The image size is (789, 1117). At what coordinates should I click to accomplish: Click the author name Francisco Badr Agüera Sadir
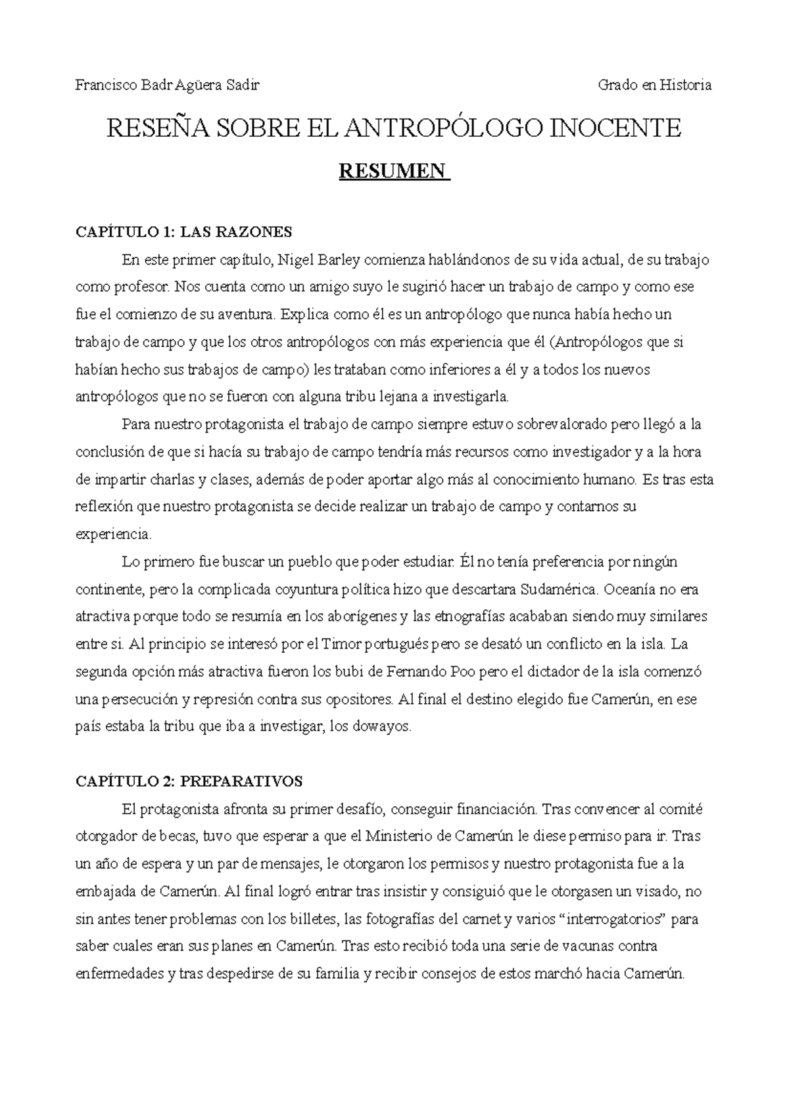click(x=168, y=85)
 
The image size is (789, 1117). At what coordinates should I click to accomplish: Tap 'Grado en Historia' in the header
click(x=654, y=85)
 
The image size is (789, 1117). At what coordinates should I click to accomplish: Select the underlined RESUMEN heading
click(x=393, y=172)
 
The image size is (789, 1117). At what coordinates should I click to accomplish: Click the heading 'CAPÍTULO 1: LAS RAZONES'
click(x=183, y=232)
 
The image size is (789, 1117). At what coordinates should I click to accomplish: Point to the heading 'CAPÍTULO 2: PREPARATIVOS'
click(x=189, y=781)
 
